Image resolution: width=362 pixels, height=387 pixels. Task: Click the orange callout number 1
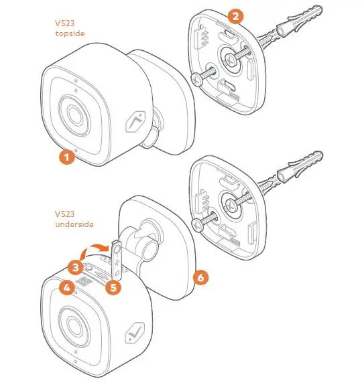click(x=65, y=157)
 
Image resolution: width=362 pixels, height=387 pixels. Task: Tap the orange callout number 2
click(x=235, y=16)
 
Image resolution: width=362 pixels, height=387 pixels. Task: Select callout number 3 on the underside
click(x=76, y=267)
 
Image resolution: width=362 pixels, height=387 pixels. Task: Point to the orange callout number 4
click(x=66, y=289)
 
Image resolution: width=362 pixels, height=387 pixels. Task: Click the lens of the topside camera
click(x=74, y=112)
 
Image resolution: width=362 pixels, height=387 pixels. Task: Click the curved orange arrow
click(x=91, y=249)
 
